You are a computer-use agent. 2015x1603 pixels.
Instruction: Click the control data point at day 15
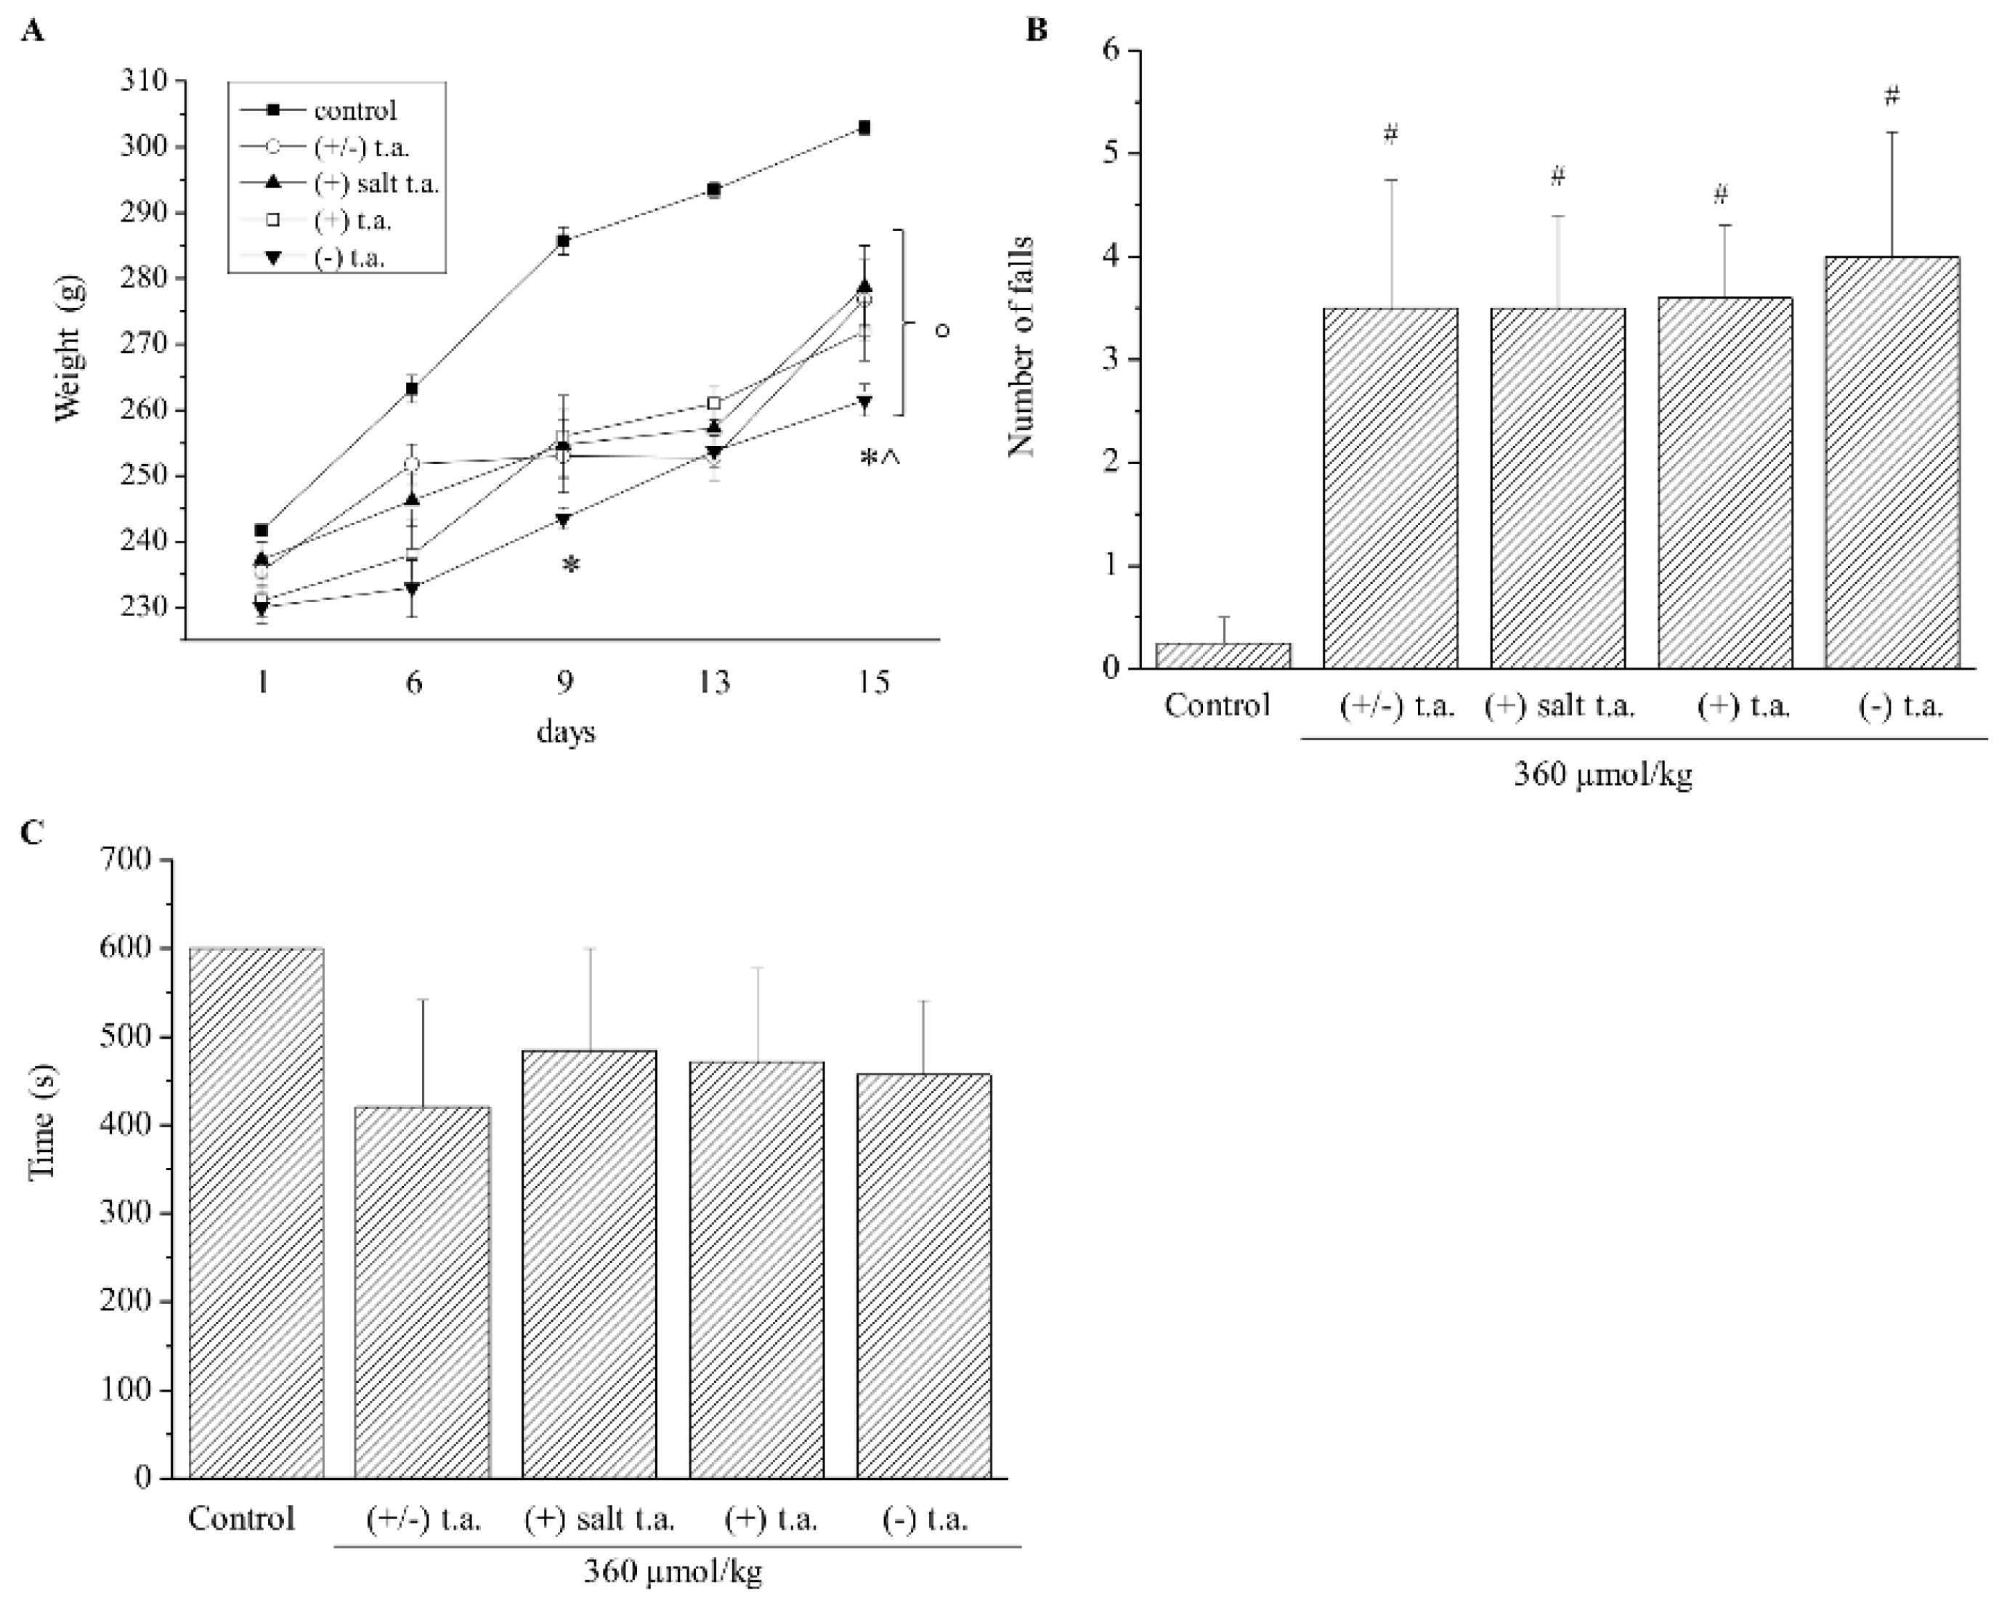pos(864,127)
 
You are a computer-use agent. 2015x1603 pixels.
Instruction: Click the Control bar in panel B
pos(1223,655)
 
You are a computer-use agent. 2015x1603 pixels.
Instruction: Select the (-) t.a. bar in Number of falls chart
pos(1892,463)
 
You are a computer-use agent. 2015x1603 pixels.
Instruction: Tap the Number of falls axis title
pos(1021,346)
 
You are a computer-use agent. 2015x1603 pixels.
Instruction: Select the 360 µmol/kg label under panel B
pos(1603,775)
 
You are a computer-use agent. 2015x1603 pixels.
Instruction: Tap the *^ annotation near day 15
pos(878,458)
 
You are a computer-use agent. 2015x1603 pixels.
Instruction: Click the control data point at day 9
pos(564,241)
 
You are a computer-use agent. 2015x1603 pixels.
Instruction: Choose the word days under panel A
pos(565,732)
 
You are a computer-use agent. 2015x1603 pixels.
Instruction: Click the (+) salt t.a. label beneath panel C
pos(599,1519)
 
